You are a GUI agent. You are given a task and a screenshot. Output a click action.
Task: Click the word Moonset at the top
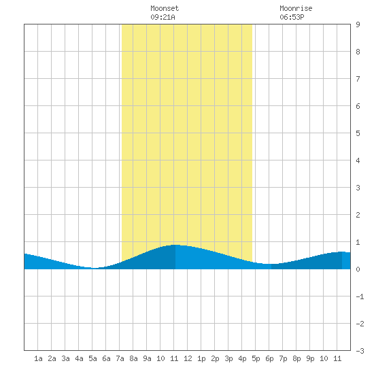point(165,9)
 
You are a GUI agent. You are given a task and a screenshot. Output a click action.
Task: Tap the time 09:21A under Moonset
point(163,17)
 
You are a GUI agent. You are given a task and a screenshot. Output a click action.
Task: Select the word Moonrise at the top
point(296,9)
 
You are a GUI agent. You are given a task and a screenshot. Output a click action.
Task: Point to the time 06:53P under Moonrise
point(292,17)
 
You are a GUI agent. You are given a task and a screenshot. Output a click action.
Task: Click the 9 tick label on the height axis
point(358,24)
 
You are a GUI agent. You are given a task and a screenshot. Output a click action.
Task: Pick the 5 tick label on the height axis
point(358,133)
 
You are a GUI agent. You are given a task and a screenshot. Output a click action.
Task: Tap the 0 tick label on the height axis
point(358,269)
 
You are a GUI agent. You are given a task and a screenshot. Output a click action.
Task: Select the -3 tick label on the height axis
point(360,351)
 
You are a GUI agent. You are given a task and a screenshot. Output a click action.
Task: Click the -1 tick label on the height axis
point(360,296)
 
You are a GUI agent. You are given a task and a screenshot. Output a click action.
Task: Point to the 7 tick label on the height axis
point(358,79)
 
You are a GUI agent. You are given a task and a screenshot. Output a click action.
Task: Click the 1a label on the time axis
point(38,358)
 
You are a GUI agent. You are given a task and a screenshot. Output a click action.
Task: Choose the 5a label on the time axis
point(92,358)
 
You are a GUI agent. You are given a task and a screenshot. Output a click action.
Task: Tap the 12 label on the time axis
point(188,358)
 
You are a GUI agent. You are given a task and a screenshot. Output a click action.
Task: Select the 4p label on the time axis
point(242,358)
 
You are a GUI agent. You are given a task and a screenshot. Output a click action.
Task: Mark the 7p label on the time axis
point(283,358)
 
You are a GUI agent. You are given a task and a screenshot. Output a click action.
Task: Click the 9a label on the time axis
point(147,358)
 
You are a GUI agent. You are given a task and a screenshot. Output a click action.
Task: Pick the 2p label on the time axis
point(215,358)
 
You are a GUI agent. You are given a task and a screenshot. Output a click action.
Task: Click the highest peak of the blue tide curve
point(175,245)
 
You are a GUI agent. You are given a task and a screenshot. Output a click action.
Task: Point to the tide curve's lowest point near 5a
point(94,268)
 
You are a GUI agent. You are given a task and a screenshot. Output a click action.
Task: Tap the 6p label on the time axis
point(269,358)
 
